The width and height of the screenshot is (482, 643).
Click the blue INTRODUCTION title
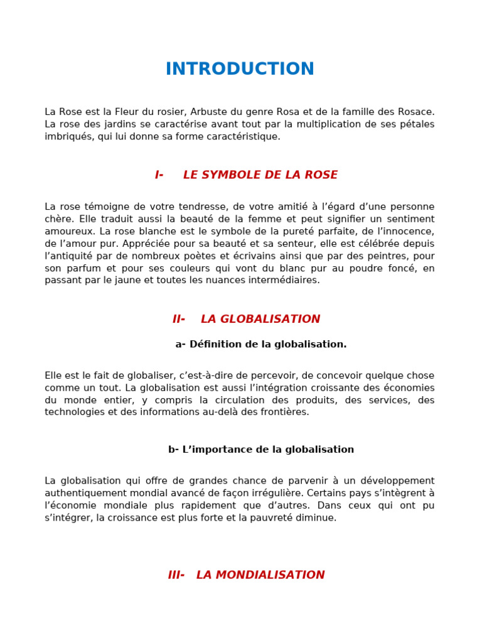(x=240, y=69)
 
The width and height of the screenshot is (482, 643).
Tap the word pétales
(x=417, y=124)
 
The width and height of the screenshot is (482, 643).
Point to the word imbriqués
(x=67, y=136)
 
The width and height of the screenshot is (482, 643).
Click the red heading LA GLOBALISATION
(x=260, y=319)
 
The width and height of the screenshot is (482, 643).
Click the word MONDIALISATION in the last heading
(x=260, y=575)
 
